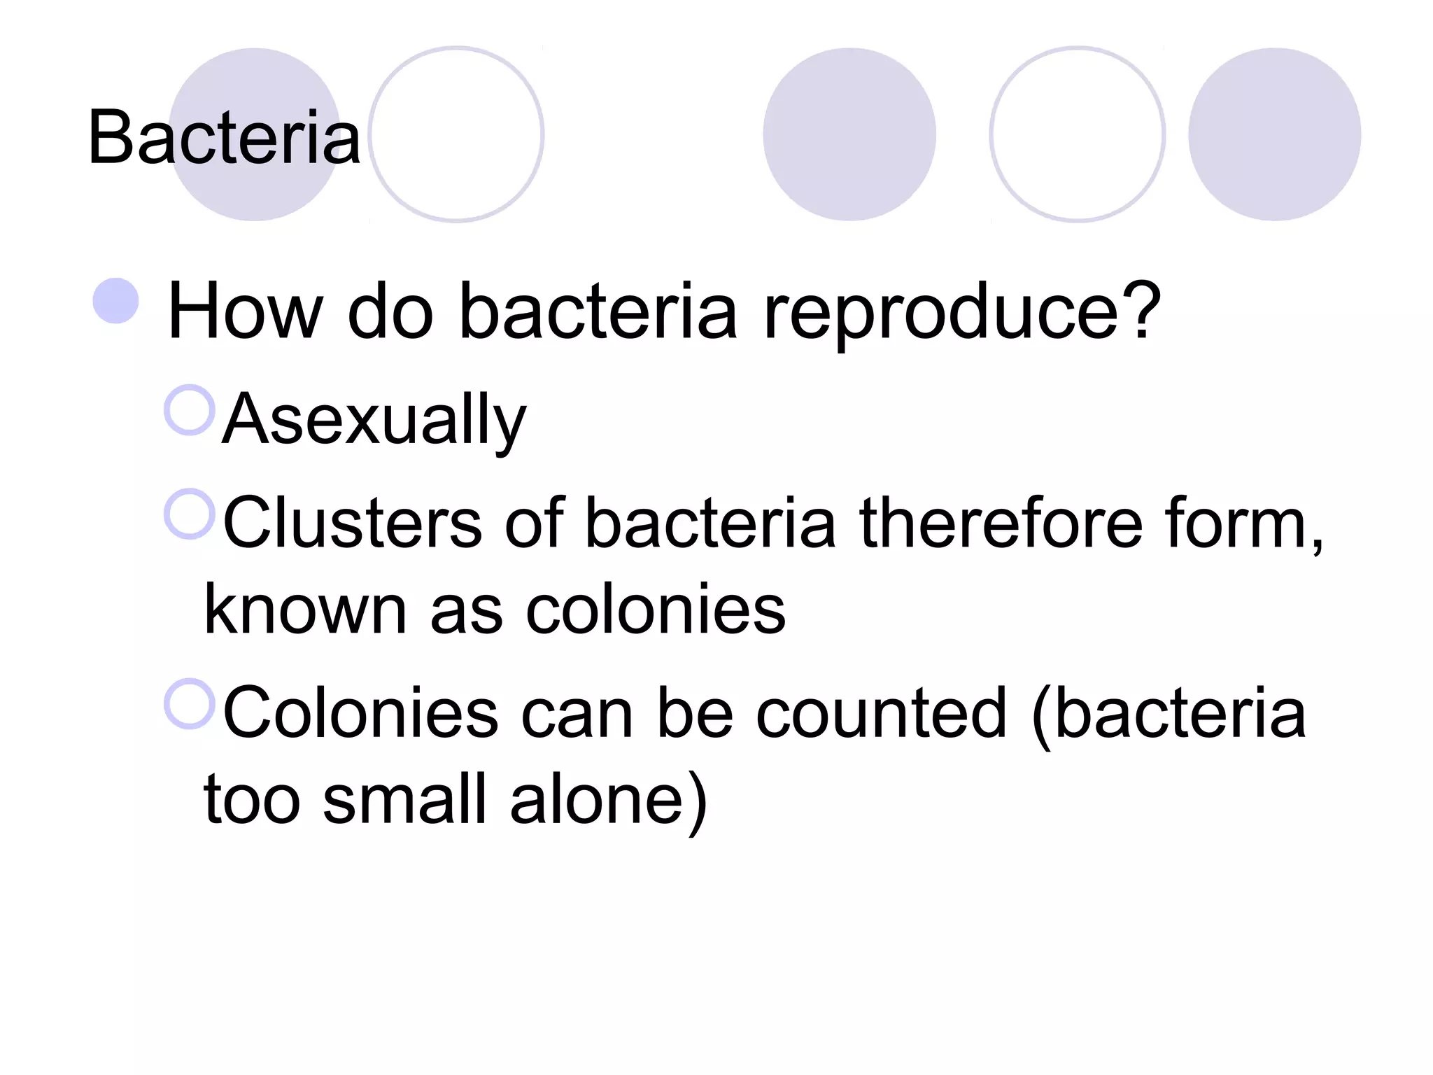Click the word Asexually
374,419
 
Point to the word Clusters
353,524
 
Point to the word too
252,799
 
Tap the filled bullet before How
116,301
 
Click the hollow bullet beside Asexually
190,410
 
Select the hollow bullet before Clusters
190,514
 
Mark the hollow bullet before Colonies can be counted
190,704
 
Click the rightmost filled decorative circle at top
1274,134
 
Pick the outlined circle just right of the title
457,134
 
